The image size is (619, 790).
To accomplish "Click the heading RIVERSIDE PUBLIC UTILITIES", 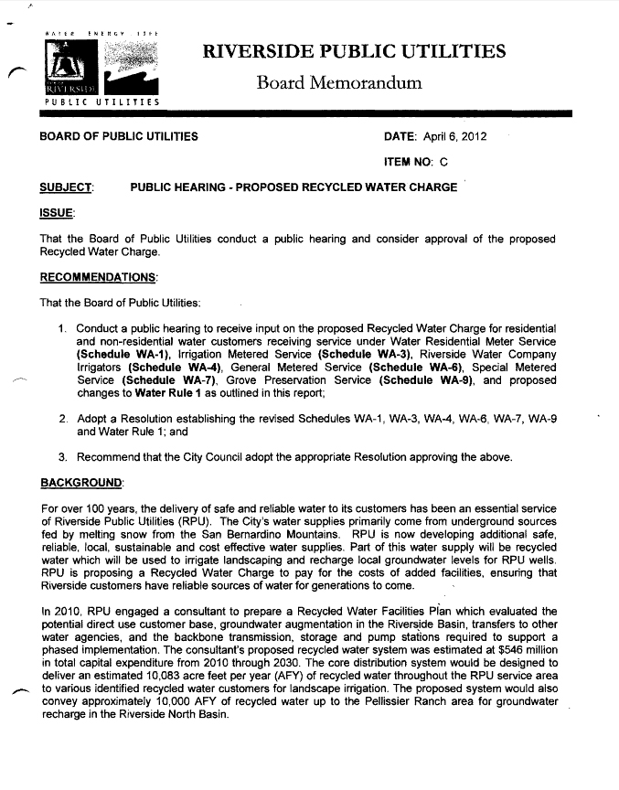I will pos(355,51).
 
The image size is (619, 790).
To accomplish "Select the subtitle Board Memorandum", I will pos(339,83).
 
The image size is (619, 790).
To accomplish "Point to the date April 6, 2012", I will pos(454,137).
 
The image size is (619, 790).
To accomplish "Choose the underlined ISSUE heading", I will pos(58,213).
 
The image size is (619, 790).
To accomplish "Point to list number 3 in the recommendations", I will pos(63,456).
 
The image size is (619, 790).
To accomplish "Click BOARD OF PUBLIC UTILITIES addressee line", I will pos(118,137).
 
